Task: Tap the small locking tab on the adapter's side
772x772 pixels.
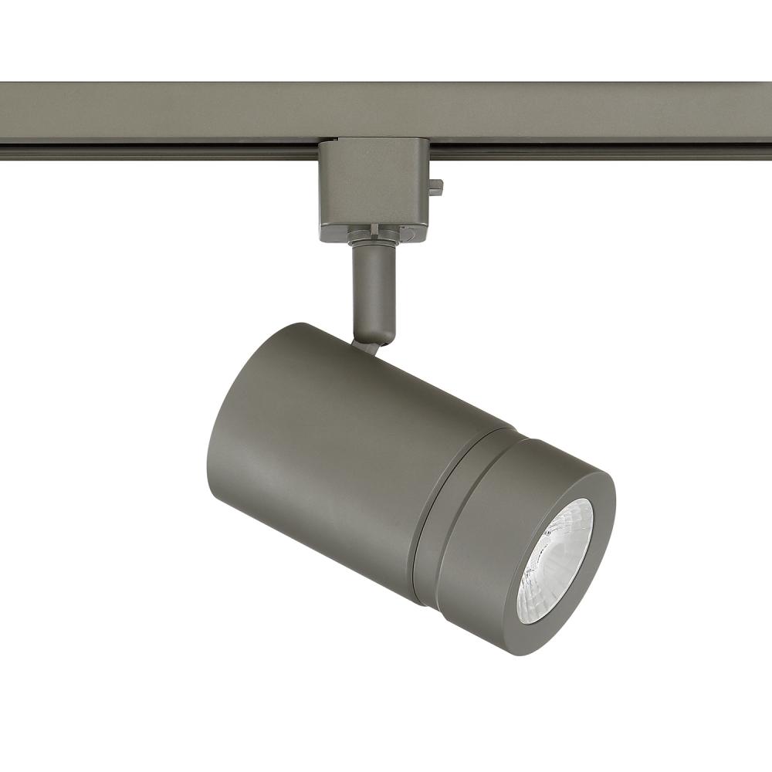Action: click(436, 186)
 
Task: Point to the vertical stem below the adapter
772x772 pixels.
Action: click(374, 289)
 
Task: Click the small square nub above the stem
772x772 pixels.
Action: click(374, 229)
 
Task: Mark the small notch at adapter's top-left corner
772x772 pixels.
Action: click(323, 144)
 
